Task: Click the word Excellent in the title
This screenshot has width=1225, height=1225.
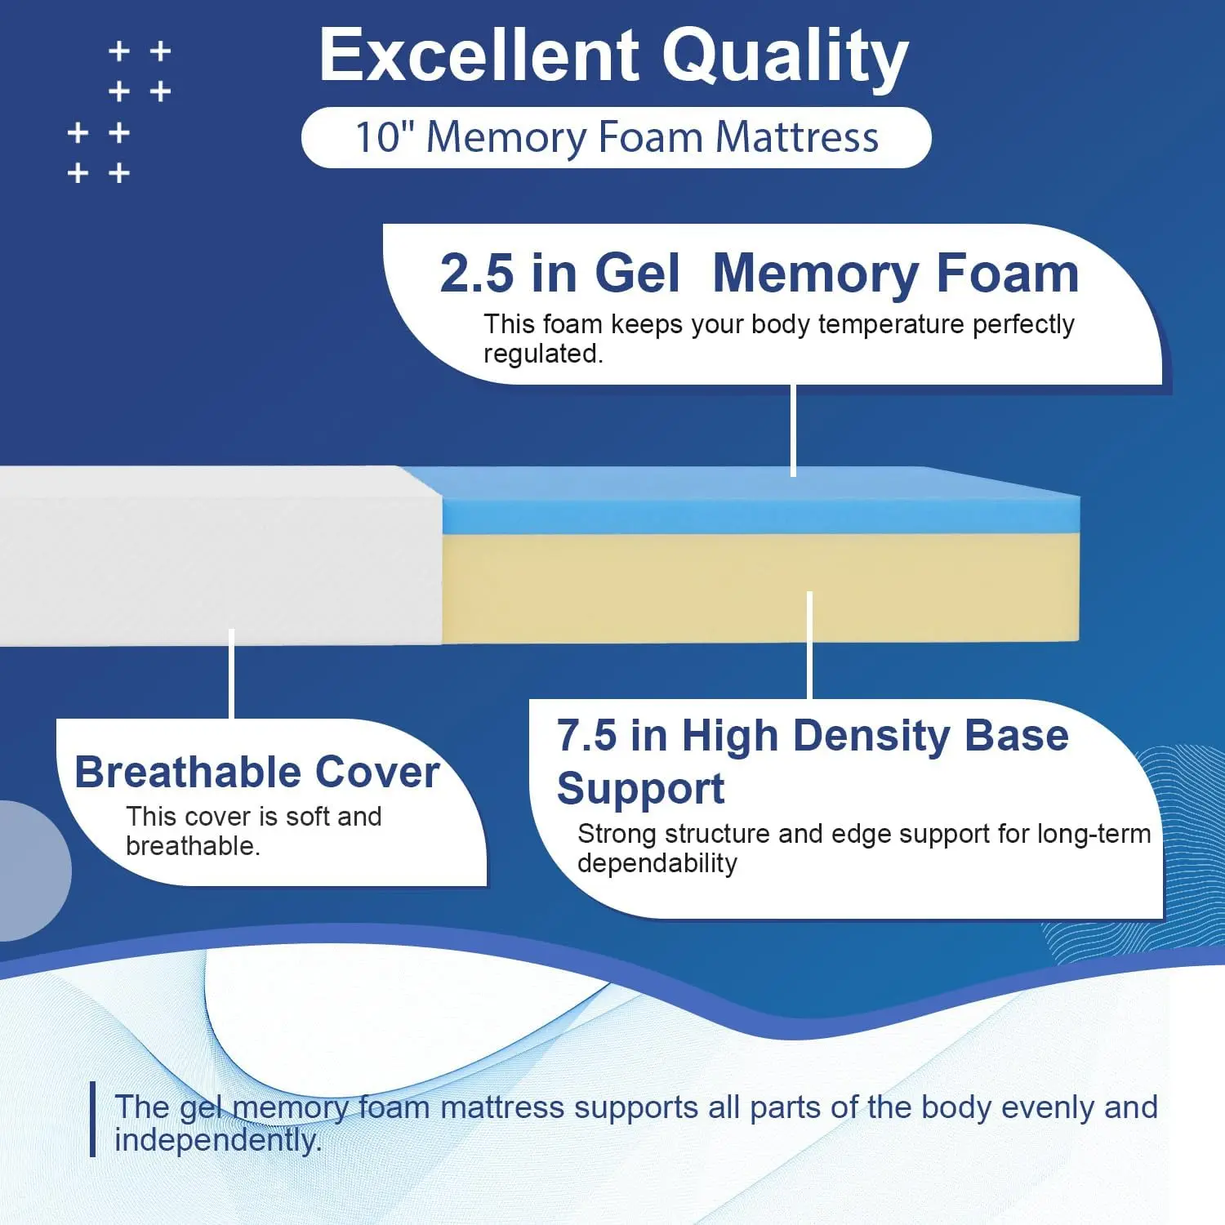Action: coord(479,55)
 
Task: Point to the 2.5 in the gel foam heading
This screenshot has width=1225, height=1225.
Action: coord(477,273)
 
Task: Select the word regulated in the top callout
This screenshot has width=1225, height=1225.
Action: coord(543,354)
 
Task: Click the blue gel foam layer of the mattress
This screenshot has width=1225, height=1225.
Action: coord(759,501)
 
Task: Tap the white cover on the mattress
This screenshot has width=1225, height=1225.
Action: coord(220,555)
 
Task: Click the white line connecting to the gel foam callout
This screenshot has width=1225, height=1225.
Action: coord(793,430)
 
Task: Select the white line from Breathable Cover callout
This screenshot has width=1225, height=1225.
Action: coord(232,674)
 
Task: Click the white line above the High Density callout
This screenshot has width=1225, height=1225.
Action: coord(809,645)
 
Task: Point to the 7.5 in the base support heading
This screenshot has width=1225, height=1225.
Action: coord(586,735)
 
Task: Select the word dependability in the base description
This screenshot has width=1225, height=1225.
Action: coord(657,864)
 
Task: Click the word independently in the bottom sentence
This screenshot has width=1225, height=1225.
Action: coord(218,1140)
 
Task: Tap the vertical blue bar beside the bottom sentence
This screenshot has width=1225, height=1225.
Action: coord(93,1119)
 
